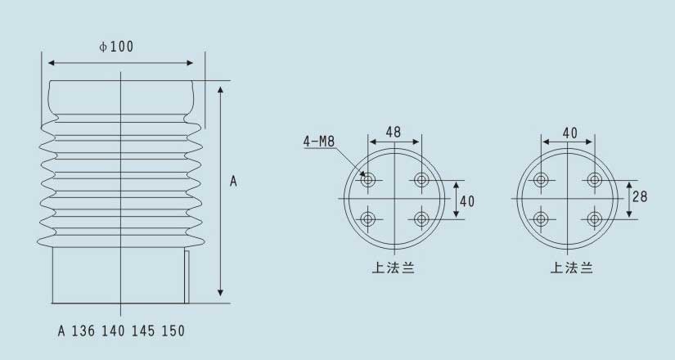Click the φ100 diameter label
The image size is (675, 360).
click(x=116, y=47)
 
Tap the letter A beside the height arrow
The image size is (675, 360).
click(x=233, y=182)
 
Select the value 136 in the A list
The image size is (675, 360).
click(x=83, y=331)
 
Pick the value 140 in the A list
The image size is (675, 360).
click(x=113, y=331)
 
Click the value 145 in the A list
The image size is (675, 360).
click(x=143, y=331)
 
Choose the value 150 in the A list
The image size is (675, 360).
click(x=173, y=331)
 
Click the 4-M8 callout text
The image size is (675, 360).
click(x=319, y=141)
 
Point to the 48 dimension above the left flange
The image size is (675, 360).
click(x=394, y=132)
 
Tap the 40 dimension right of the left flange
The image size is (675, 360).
click(x=467, y=201)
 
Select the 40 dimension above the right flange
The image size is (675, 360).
click(x=570, y=133)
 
